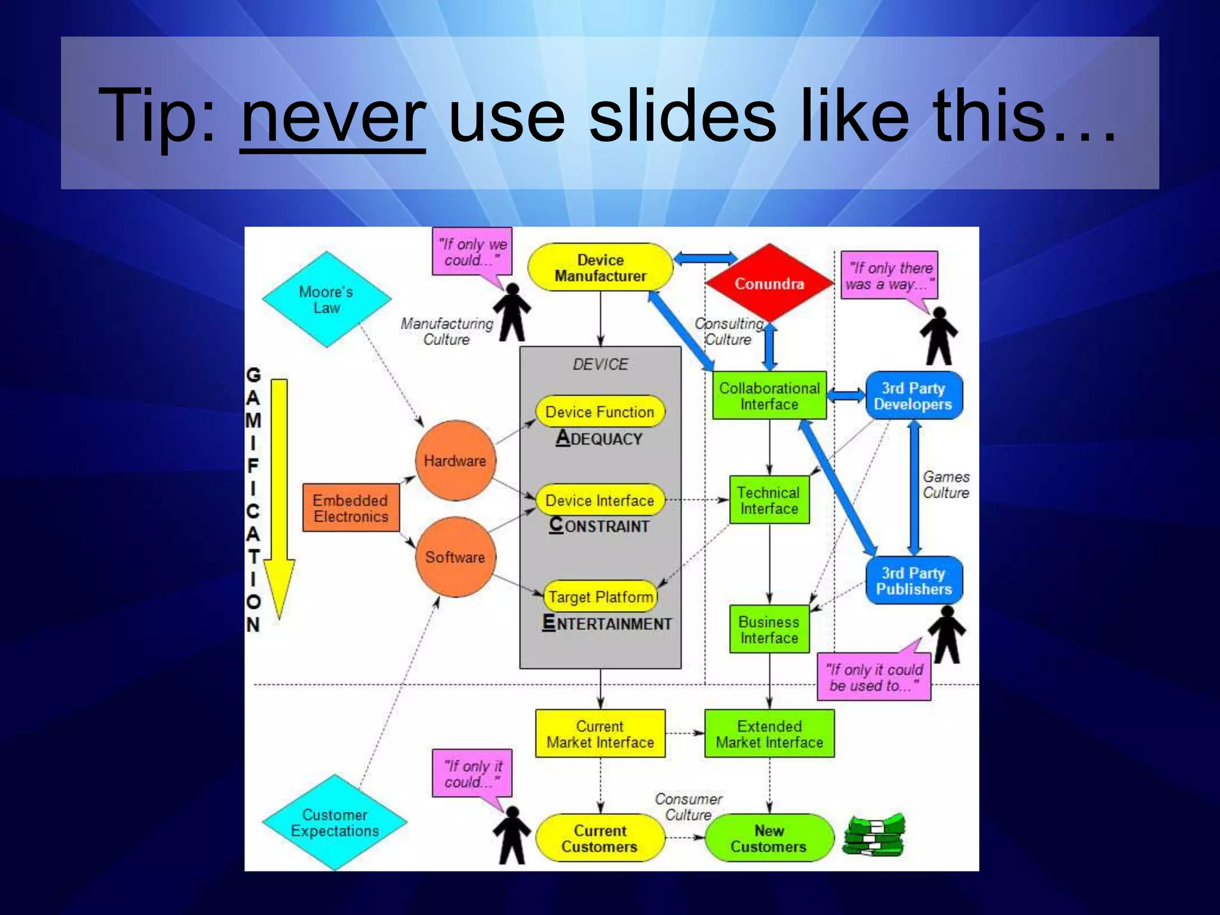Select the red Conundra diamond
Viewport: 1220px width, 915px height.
tap(769, 283)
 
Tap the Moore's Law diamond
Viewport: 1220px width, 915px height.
tap(326, 300)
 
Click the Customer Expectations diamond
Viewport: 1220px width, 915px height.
tap(335, 823)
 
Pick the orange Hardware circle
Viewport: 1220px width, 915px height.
tap(455, 460)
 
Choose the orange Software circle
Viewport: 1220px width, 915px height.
tap(455, 557)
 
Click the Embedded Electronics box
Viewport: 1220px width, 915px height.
tap(351, 508)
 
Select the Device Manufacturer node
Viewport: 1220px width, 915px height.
tap(600, 267)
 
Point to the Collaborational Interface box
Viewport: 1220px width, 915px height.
tap(769, 396)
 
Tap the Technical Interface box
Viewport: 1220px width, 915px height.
tap(769, 500)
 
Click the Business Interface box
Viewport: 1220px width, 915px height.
tap(769, 629)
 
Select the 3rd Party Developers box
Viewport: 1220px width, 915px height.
tap(913, 396)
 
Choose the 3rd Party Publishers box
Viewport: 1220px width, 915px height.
tap(913, 580)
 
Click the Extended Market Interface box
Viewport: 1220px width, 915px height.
tap(769, 734)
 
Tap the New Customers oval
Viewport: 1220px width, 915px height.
tap(768, 838)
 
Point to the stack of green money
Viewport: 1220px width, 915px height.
tap(874, 836)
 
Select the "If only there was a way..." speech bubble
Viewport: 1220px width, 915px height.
tap(889, 275)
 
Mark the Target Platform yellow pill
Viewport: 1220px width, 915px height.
tap(600, 596)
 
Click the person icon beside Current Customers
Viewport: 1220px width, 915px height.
tap(511, 835)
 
